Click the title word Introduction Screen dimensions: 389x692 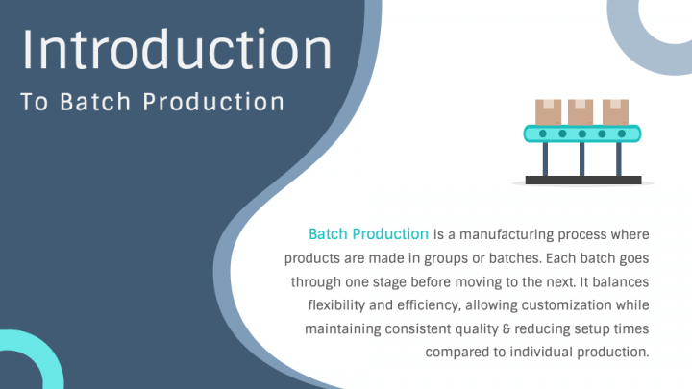[177, 49]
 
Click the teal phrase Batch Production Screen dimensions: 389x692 [368, 233]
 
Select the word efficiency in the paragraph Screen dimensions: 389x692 [420, 304]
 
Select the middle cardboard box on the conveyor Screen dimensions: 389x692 [581, 111]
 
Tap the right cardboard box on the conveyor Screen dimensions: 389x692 [615, 111]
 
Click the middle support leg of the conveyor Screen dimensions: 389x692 [581, 159]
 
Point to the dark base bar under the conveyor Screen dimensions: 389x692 [582, 180]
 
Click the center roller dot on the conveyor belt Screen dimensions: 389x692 [582, 134]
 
